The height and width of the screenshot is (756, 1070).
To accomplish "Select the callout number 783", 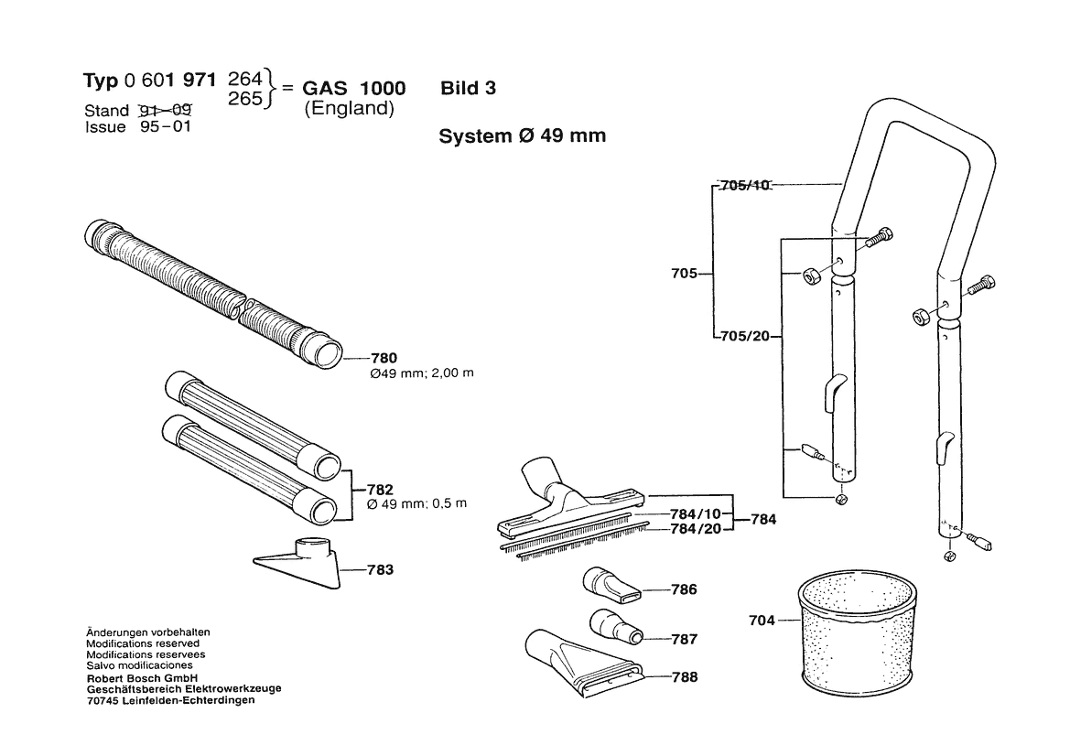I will click(379, 570).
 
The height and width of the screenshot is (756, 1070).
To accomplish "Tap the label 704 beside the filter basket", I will click(762, 620).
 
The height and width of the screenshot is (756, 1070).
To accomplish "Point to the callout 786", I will click(683, 589).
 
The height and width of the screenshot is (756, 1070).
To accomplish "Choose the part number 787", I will click(683, 639).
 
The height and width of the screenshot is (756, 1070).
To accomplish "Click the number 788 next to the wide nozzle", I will click(683, 677).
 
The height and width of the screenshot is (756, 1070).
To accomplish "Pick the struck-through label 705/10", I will click(746, 185).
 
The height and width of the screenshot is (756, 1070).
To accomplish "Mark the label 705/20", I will click(746, 336).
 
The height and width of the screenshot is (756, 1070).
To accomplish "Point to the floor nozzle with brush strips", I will click(567, 513).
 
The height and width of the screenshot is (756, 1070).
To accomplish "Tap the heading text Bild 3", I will click(468, 88).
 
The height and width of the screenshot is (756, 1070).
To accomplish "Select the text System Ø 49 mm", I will click(522, 136).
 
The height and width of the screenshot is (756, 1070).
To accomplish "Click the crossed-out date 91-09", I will click(164, 111).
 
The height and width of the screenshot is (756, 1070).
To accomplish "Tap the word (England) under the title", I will click(349, 108).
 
